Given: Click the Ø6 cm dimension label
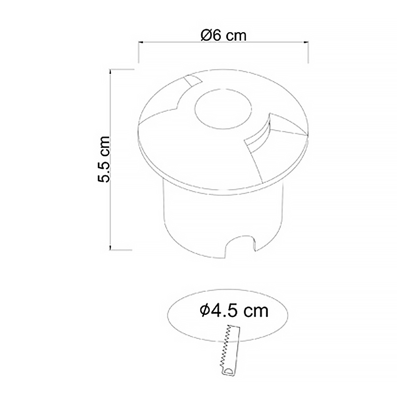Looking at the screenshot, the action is coord(223,35).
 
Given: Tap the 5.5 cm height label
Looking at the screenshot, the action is coord(104,159).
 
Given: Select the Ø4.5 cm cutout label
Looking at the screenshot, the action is coord(234,311).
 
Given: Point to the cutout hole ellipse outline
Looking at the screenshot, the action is coord(168,315).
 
